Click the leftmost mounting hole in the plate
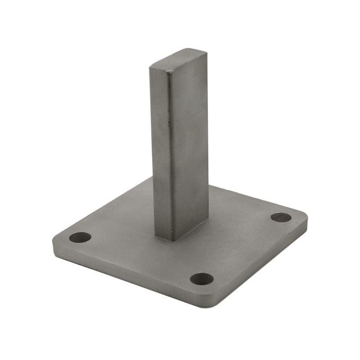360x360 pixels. [x=80, y=237]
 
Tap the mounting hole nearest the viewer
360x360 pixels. [x=201, y=279]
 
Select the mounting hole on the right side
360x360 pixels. [x=281, y=217]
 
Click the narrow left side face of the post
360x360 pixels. [x=161, y=148]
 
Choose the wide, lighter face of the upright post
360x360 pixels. [x=189, y=144]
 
